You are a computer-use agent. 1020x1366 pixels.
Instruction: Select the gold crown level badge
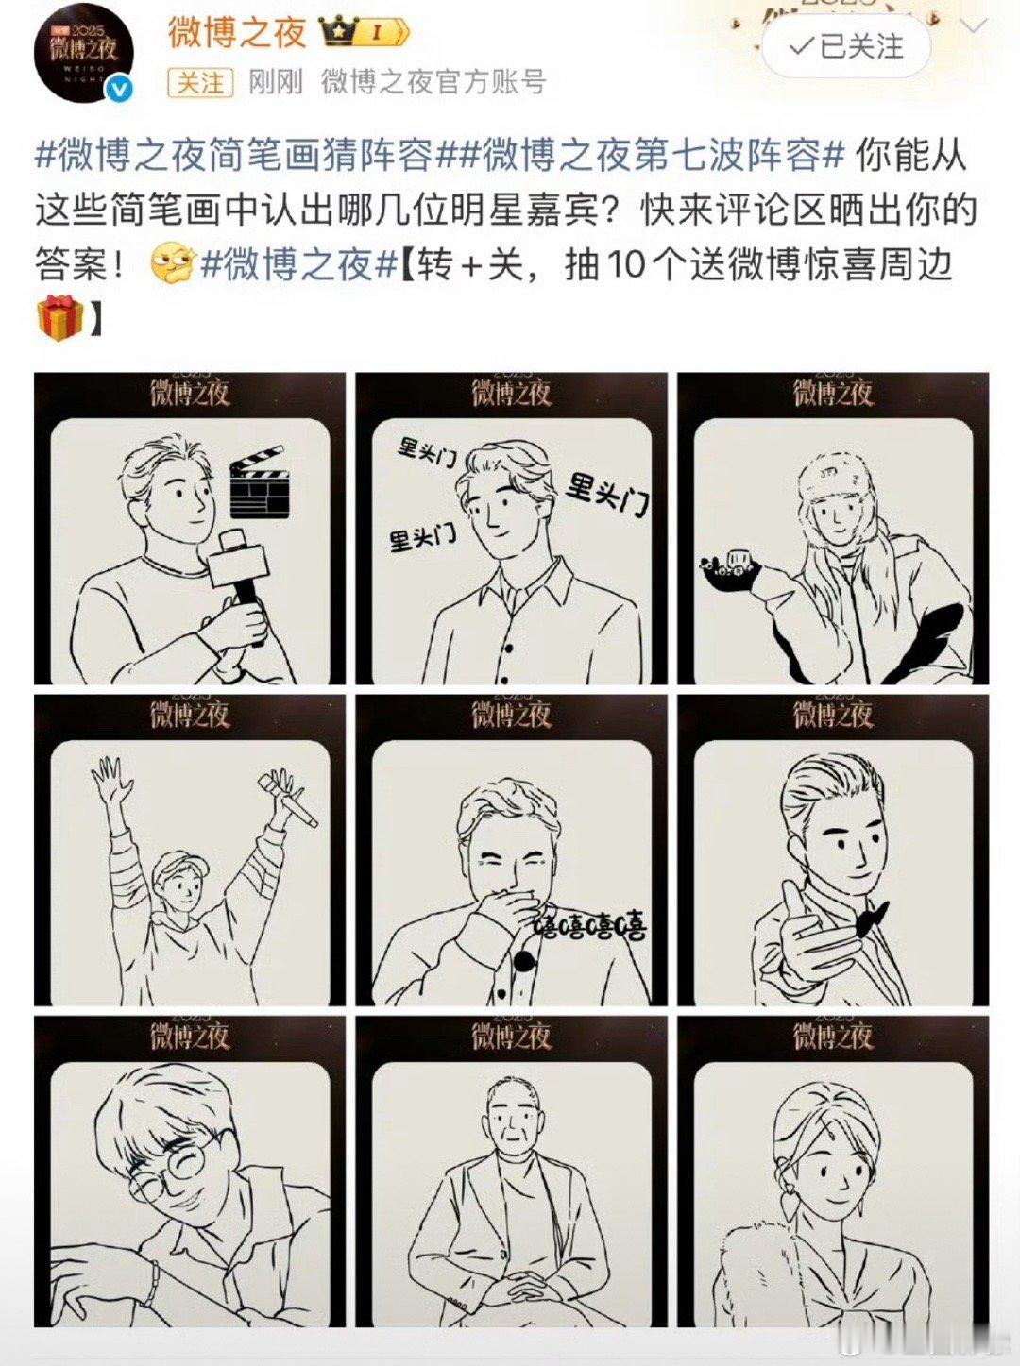(x=364, y=31)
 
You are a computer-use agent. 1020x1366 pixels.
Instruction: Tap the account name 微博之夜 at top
(x=236, y=32)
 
